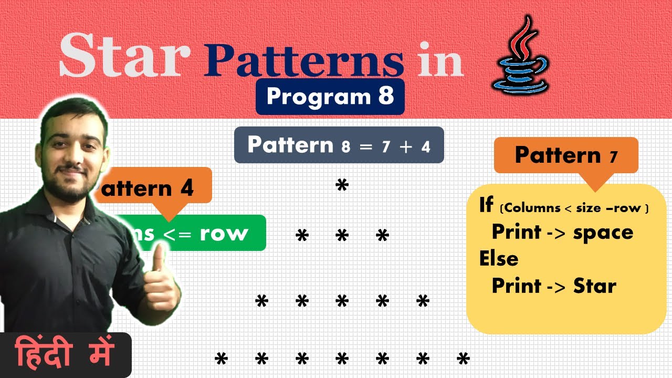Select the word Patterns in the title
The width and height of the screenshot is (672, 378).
[x=305, y=60]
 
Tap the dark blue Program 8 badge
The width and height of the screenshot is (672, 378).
[x=330, y=97]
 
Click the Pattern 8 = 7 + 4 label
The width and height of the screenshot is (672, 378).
[x=339, y=145]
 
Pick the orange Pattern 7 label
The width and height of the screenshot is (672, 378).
[x=566, y=155]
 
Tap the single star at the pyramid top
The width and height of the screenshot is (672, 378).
[x=342, y=186]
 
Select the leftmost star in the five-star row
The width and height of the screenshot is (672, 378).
[x=261, y=302]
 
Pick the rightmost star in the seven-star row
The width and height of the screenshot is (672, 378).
[x=463, y=360]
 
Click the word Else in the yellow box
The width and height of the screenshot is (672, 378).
[x=498, y=259]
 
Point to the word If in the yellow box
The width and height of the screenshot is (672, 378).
[x=486, y=205]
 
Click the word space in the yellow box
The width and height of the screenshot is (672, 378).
[x=603, y=232]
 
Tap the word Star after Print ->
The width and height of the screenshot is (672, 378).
[x=594, y=286]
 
